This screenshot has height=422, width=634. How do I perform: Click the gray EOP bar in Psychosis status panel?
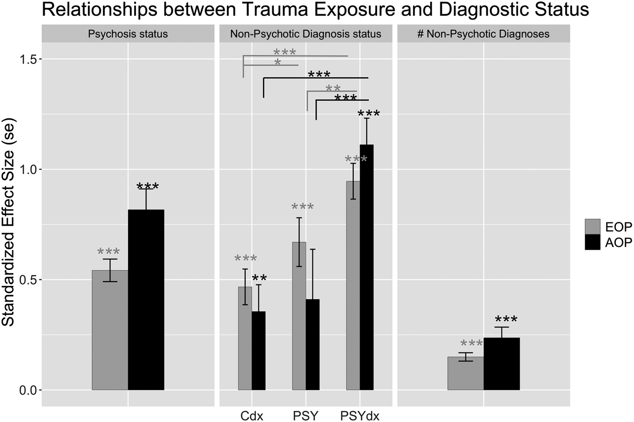[110, 330]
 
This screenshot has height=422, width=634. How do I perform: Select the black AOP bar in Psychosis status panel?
[146, 300]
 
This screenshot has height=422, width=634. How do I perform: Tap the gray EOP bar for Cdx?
[245, 339]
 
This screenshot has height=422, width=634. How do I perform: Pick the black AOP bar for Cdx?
[258, 351]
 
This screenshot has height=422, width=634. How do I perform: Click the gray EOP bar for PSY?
[299, 316]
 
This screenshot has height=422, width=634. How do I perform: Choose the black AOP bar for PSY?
[313, 344]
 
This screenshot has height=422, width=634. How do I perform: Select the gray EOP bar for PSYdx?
[353, 286]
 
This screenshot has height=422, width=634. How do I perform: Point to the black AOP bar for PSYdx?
[367, 267]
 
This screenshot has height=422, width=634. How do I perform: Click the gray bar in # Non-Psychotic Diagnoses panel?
[466, 373]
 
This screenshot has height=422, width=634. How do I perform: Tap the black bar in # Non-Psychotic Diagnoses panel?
[501, 364]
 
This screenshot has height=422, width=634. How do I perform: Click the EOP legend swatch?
[593, 227]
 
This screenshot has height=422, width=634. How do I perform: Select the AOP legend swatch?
[593, 242]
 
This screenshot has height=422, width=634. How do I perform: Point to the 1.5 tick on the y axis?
[40, 59]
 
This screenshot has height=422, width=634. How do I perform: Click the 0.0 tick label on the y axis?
[28, 390]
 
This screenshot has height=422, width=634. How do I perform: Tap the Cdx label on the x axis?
[252, 416]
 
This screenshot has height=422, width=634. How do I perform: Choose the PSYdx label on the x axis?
[360, 416]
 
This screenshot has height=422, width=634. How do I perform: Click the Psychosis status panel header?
[128, 34]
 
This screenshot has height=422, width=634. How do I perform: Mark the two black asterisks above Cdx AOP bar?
[259, 278]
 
